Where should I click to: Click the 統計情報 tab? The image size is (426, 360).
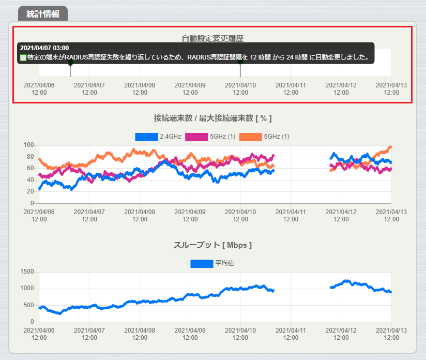pyautogui.click(x=43, y=14)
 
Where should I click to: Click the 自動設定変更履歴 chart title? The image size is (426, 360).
pyautogui.click(x=212, y=38)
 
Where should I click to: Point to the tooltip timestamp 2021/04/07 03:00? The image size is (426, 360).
pyautogui.click(x=44, y=48)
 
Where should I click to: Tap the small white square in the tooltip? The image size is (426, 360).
pyautogui.click(x=23, y=57)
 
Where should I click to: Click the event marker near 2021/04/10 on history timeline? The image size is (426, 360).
pyautogui.click(x=240, y=63)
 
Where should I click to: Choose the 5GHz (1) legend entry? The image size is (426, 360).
pyautogui.click(x=210, y=137)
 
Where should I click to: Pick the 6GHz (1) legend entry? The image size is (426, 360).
pyautogui.click(x=264, y=137)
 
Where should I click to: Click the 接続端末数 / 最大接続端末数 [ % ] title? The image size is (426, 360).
pyautogui.click(x=212, y=118)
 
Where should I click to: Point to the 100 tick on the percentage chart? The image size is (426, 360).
pyautogui.click(x=28, y=145)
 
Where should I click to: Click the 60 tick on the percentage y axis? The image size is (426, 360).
pyautogui.click(x=30, y=169)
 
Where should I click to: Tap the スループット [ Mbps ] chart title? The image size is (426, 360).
pyautogui.click(x=212, y=245)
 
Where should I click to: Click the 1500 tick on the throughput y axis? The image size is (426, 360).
pyautogui.click(x=26, y=272)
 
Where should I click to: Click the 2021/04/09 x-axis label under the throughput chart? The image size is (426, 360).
pyautogui.click(x=190, y=334)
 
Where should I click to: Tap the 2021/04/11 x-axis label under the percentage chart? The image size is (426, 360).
pyautogui.click(x=291, y=216)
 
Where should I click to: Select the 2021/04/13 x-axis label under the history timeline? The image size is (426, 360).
pyautogui.click(x=391, y=88)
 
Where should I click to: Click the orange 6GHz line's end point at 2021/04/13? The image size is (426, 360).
pyautogui.click(x=390, y=147)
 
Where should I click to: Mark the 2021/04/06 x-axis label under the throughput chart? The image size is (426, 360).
pyautogui.click(x=39, y=334)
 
